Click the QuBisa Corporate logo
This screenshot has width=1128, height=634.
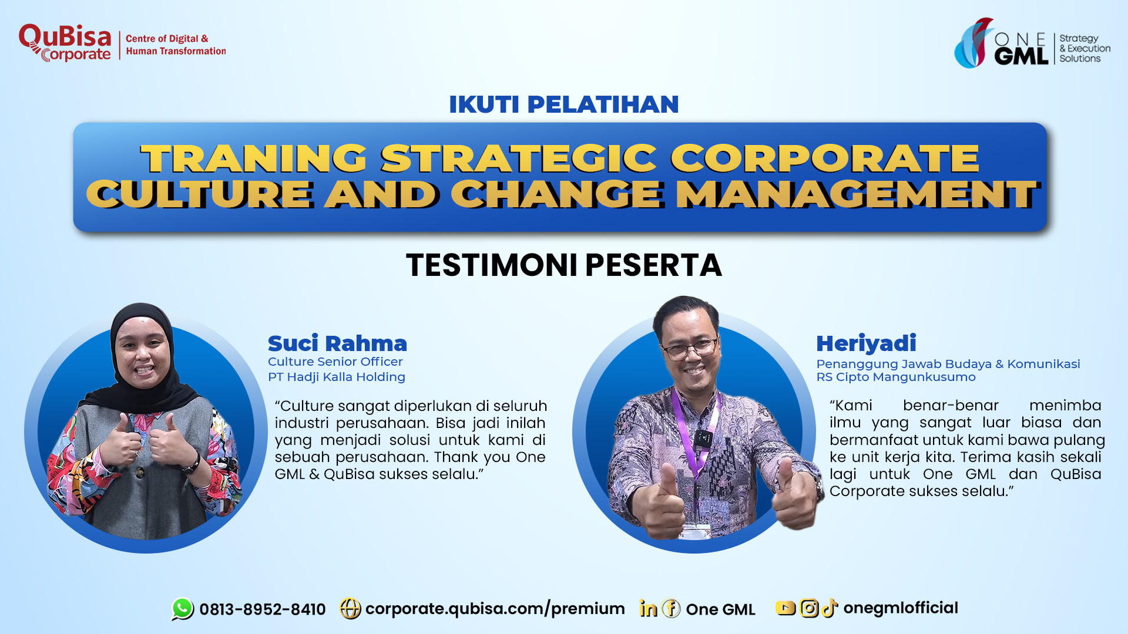pyautogui.click(x=65, y=43)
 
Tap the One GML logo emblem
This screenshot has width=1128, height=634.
pyautogui.click(x=973, y=43)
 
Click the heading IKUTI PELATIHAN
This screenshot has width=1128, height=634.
pyautogui.click(x=564, y=104)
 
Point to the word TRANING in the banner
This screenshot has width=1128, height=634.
pyautogui.click(x=254, y=158)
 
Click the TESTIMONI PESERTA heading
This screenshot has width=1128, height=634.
pyautogui.click(x=564, y=265)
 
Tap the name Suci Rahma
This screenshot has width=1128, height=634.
pyautogui.click(x=337, y=343)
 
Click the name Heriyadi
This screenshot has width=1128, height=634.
pyautogui.click(x=866, y=343)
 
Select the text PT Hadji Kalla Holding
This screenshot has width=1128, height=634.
pyautogui.click(x=337, y=377)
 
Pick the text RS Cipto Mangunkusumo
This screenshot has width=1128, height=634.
pyautogui.click(x=896, y=377)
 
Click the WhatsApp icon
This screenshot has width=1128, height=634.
pyautogui.click(x=183, y=609)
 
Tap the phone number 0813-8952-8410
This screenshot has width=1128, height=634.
pyautogui.click(x=263, y=609)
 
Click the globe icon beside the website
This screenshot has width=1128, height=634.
pyautogui.click(x=350, y=609)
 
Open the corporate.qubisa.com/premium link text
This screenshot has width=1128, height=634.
pyautogui.click(x=495, y=609)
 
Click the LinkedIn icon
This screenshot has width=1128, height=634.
pyautogui.click(x=649, y=609)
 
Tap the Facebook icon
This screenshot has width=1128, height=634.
pyautogui.click(x=671, y=609)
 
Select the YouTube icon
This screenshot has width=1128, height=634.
pyautogui.click(x=785, y=608)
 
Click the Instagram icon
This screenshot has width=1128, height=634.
pyautogui.click(x=809, y=608)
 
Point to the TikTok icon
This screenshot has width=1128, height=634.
pyautogui.click(x=829, y=608)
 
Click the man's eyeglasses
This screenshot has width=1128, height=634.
pyautogui.click(x=690, y=349)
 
